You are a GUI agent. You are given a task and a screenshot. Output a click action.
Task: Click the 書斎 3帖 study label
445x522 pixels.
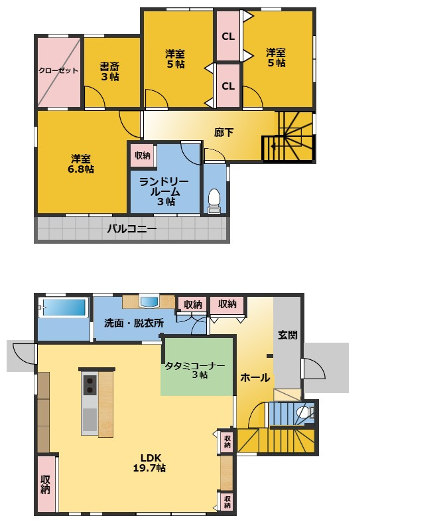point(109,72)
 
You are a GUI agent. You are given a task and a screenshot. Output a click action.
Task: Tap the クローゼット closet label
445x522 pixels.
point(58,70)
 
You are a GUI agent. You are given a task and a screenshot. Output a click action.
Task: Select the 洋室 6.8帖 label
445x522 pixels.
point(81,163)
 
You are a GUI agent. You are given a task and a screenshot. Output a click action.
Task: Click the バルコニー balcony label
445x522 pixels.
point(131,228)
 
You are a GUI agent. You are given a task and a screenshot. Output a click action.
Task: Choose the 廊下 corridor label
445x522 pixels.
point(223,133)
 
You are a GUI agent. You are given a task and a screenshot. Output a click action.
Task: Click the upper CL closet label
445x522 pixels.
point(228,37)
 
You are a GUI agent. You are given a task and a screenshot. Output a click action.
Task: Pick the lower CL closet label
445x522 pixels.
point(228,86)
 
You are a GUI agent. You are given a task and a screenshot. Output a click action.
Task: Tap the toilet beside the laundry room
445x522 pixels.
point(214,201)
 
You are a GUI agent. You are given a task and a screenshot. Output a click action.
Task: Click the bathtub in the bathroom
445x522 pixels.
point(64,307)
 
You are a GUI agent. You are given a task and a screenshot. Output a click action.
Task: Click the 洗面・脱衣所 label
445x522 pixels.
point(134,323)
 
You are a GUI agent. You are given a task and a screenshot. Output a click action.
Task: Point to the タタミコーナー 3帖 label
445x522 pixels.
point(195,370)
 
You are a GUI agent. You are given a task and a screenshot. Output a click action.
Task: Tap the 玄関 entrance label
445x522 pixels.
point(287,335)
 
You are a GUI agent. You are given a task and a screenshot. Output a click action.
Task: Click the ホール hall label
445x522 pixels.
point(255,377)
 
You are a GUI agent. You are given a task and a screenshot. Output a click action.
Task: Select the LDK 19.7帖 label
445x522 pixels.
point(150,463)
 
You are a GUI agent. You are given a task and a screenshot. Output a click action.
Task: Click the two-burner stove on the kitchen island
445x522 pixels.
point(90,385)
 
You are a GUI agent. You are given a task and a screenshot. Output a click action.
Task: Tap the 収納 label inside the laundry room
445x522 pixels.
point(142,155)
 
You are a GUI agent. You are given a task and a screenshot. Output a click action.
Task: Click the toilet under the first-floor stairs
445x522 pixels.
point(305,413)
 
